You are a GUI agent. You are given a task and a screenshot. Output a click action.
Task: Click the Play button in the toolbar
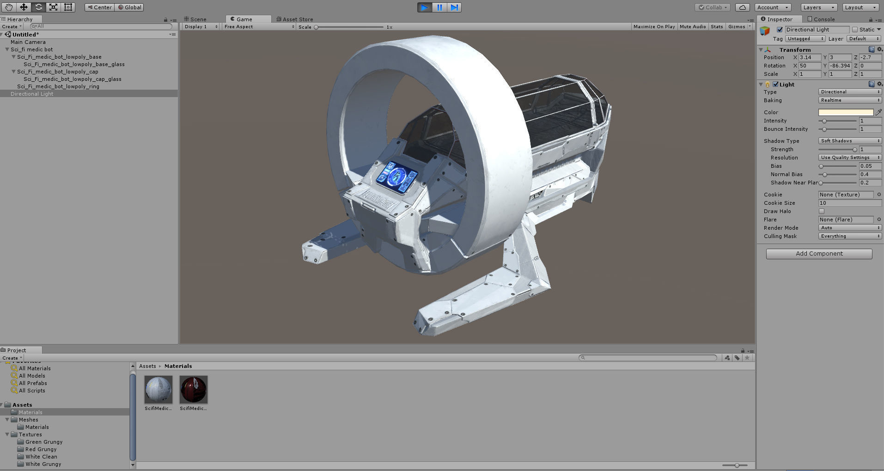(x=424, y=7)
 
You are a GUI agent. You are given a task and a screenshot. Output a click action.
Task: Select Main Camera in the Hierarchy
(x=28, y=42)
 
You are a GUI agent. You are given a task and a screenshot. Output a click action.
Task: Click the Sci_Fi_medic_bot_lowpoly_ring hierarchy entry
(x=58, y=86)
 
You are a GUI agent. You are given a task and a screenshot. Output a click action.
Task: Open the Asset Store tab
(x=297, y=19)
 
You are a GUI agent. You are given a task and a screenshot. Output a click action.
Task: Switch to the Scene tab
(x=198, y=19)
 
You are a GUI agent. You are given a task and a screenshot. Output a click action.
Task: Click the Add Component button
(x=819, y=254)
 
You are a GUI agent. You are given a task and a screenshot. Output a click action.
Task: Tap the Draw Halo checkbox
(x=822, y=211)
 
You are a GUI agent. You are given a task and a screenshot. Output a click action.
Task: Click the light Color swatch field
(x=846, y=112)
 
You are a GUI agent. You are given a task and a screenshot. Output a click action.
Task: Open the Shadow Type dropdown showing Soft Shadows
(x=850, y=141)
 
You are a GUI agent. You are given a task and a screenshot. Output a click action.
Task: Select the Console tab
(x=823, y=19)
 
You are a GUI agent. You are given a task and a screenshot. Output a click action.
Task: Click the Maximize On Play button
(x=654, y=27)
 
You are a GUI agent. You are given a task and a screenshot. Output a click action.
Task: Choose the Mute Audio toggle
(x=693, y=27)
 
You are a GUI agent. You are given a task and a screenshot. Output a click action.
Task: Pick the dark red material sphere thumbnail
(x=194, y=389)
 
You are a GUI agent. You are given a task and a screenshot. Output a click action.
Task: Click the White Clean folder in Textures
(x=41, y=457)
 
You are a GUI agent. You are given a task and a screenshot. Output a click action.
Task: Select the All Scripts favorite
(x=32, y=391)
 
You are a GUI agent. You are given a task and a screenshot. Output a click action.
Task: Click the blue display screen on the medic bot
(x=397, y=177)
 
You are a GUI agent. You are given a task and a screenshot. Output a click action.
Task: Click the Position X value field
(x=810, y=57)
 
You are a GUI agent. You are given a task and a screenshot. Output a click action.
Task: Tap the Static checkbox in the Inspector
(x=855, y=30)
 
